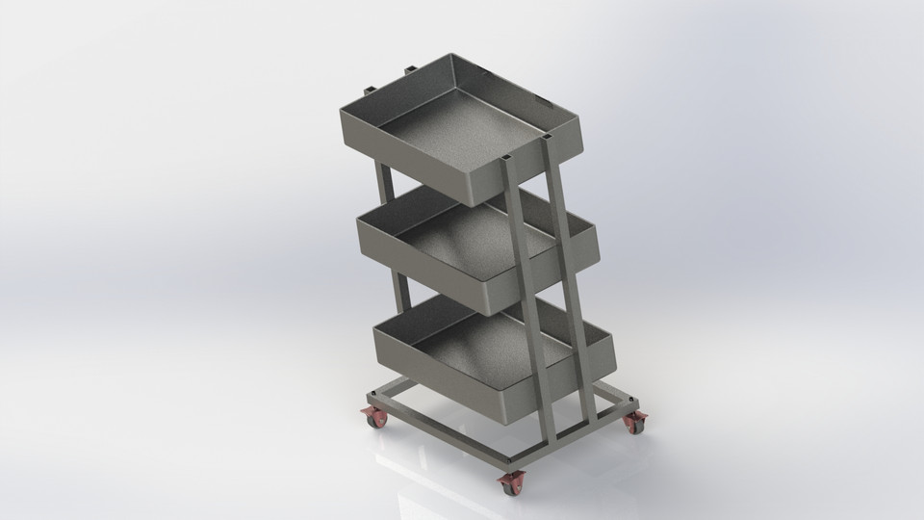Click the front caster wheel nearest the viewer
(509, 484)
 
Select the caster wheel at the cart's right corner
(636, 422)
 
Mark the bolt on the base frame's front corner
(510, 460)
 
